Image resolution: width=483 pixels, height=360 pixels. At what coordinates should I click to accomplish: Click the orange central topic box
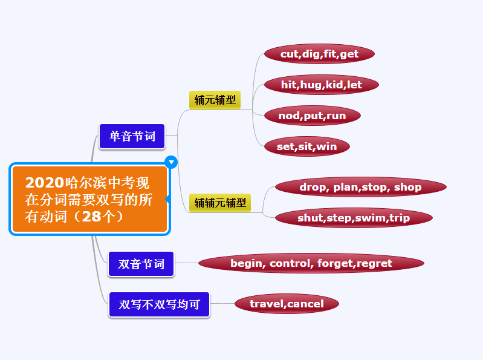89,199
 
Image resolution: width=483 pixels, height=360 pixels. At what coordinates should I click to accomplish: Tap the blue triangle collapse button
171,162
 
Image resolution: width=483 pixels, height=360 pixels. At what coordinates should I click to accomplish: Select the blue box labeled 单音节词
132,136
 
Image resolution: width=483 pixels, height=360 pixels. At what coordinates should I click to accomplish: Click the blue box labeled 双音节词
141,264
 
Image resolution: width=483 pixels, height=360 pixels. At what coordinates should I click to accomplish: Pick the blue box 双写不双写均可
159,304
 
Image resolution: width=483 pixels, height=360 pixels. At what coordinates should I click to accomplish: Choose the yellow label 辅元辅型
215,100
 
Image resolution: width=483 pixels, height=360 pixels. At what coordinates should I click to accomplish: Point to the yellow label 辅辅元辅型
220,203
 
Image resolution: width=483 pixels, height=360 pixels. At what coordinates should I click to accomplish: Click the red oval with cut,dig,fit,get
319,54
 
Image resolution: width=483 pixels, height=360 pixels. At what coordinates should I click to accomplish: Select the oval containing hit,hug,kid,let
321,85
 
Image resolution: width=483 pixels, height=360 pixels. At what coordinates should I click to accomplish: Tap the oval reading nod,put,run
313,116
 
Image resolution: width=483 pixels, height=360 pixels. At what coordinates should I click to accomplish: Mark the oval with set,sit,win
307,146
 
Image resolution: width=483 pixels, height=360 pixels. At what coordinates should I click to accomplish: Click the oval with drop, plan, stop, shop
361,187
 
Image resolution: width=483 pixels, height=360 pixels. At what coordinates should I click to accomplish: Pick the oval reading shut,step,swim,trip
354,218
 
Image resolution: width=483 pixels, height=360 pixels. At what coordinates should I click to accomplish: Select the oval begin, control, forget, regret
311,263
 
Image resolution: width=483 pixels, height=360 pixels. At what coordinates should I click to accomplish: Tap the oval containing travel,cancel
287,304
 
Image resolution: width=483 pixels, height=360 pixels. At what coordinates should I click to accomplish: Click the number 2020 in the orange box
45,183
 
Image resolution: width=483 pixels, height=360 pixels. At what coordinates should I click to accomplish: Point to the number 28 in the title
91,217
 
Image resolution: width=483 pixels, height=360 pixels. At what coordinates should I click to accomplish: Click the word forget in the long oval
336,264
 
